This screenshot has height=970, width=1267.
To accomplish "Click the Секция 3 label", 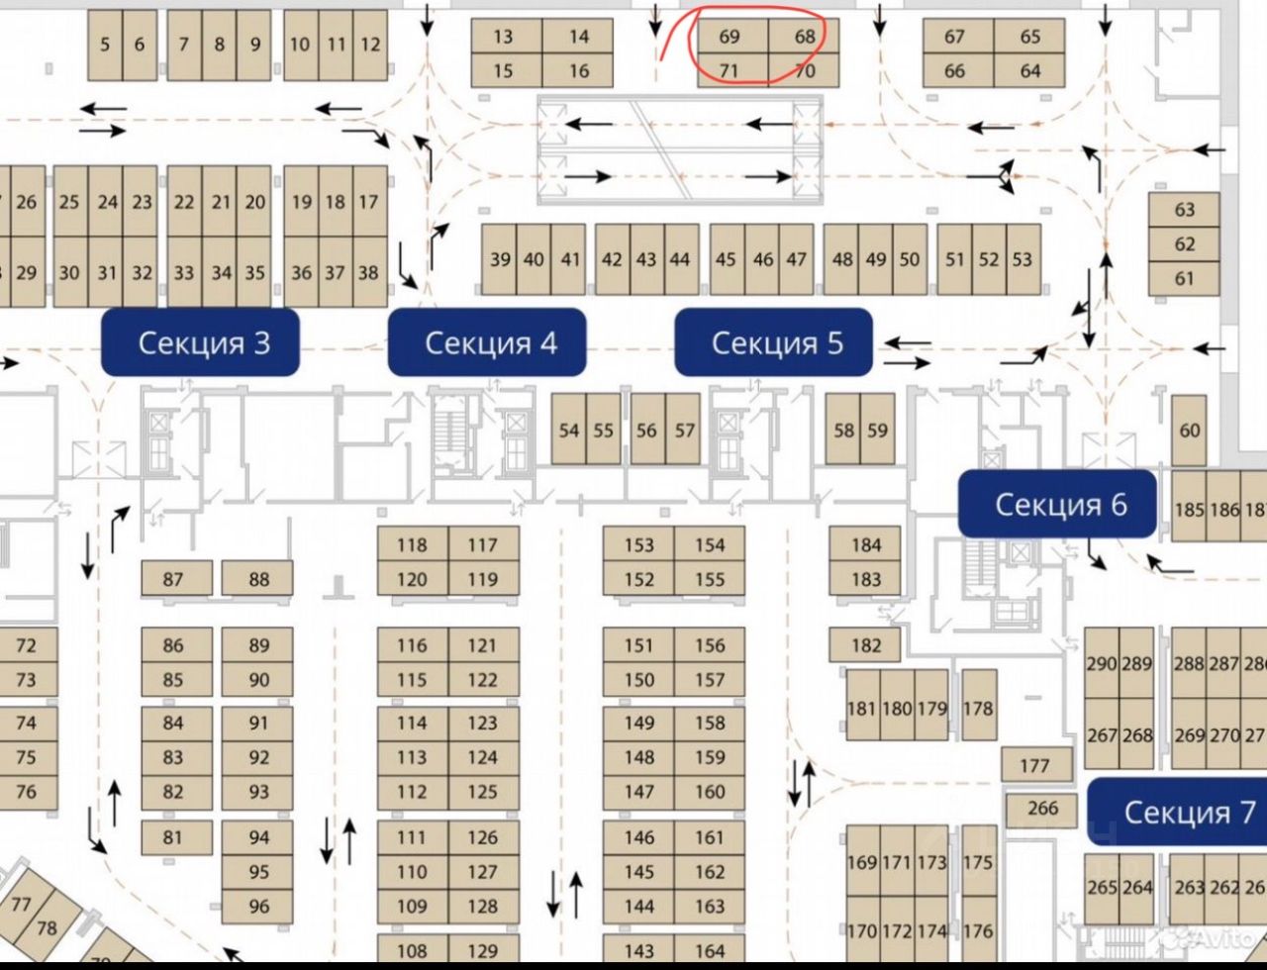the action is (201, 342).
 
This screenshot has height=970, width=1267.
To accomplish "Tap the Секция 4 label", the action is (487, 342).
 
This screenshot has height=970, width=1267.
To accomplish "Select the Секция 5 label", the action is (774, 342).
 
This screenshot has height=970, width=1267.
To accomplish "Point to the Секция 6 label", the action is (1057, 504).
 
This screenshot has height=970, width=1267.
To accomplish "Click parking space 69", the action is (730, 37).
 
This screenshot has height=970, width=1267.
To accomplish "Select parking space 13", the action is (504, 37).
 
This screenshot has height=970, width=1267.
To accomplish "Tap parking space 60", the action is (1189, 431).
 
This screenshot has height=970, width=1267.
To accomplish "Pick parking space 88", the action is (257, 579).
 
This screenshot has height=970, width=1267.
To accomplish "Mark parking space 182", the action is (865, 645).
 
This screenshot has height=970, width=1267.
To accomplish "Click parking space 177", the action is (1033, 765).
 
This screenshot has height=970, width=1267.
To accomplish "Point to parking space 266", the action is (1042, 809).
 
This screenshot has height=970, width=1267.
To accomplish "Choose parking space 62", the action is (1185, 244).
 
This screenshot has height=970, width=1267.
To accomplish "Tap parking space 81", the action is (173, 837).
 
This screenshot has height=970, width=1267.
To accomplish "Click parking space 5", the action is (105, 45).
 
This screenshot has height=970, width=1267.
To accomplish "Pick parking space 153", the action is (638, 544).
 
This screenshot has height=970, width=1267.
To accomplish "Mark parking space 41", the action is (570, 259).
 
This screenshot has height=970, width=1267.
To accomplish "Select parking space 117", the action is (483, 544).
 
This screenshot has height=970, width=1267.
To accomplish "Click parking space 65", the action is (1029, 37).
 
